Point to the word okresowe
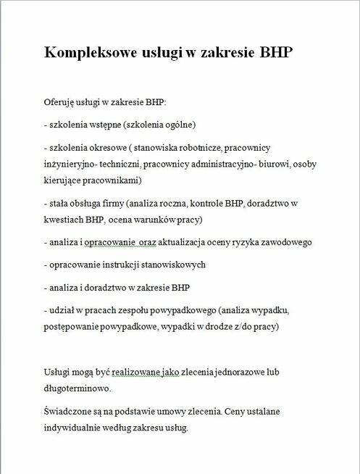click(x=109, y=147)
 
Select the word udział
click(x=63, y=310)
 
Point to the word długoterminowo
click(x=78, y=388)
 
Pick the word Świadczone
click(x=68, y=412)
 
